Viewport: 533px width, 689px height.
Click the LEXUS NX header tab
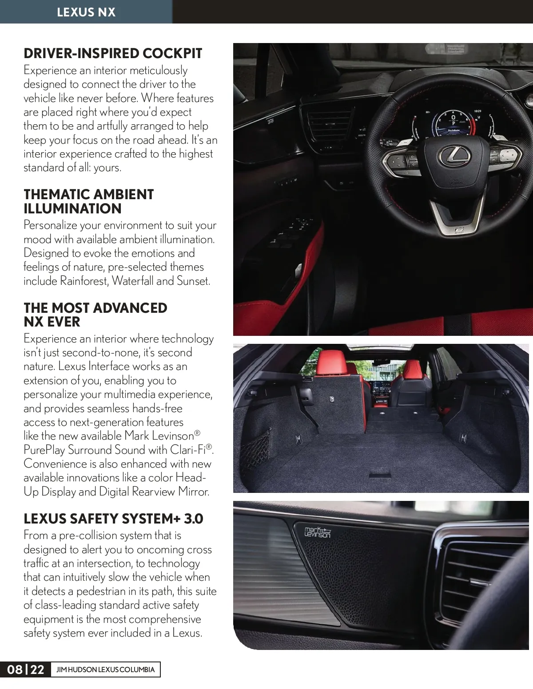(86, 12)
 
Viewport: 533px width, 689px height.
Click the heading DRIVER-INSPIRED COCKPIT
(113, 53)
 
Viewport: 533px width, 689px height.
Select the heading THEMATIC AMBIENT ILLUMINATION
(89, 201)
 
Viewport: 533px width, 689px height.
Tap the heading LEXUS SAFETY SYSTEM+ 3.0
(113, 519)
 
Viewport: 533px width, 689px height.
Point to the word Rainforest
(84, 281)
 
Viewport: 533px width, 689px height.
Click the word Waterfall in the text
(132, 281)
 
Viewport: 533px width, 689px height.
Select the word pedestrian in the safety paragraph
(102, 591)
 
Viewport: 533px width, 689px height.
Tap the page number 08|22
(26, 669)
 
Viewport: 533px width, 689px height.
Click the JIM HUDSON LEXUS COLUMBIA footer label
(106, 669)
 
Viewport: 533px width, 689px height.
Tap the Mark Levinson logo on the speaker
(318, 532)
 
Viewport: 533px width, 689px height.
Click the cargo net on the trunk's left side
(255, 448)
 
